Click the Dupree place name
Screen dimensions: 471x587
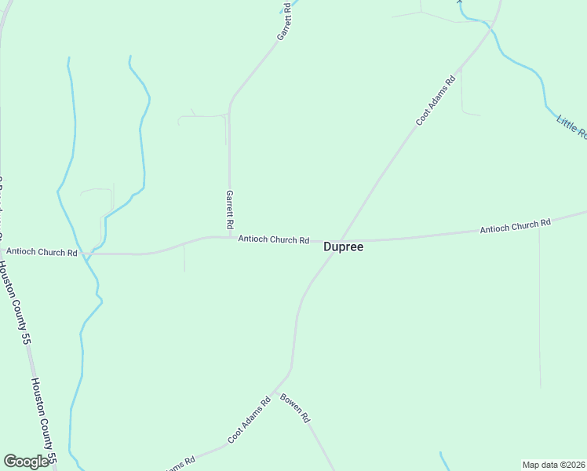[x=344, y=246]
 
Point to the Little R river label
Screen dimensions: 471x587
[x=571, y=126]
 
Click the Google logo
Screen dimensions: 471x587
[x=26, y=462]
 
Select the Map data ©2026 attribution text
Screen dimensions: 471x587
[x=554, y=464]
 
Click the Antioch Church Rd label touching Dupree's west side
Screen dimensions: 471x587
[x=273, y=239]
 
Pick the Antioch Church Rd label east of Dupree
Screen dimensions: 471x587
[x=515, y=226]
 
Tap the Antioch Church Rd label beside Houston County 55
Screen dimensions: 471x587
[x=42, y=252]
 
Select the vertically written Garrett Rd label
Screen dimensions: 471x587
[x=230, y=209]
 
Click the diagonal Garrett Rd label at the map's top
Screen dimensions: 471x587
[x=284, y=22]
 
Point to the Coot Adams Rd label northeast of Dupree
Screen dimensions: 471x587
[x=436, y=100]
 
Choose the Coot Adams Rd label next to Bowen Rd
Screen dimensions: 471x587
[x=250, y=419]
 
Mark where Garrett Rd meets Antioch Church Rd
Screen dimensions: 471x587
[x=230, y=237]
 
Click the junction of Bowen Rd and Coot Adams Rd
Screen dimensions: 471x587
[x=274, y=391]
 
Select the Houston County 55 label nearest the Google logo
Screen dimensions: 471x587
[x=44, y=420]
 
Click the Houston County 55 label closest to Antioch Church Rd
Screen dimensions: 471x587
[x=15, y=303]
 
